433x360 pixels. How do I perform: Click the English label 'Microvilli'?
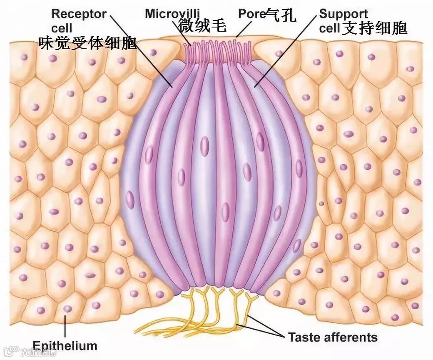172,13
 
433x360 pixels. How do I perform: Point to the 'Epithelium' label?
65,345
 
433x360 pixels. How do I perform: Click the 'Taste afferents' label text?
333,337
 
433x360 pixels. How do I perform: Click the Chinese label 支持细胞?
374,28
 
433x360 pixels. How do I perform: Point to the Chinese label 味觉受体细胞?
87,43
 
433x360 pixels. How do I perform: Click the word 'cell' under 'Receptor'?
61,28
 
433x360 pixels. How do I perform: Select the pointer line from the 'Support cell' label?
287,50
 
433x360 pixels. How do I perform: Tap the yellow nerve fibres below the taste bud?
216,308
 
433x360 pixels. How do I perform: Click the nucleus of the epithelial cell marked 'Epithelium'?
67,309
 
